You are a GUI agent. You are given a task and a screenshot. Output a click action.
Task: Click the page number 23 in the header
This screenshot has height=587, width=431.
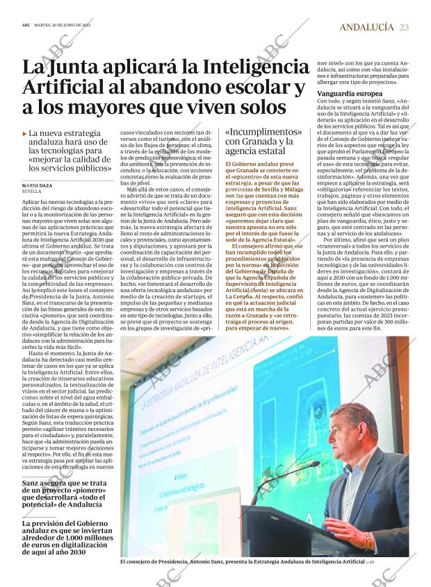405,27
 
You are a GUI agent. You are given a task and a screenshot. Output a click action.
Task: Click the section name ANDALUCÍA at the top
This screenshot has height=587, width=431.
366,27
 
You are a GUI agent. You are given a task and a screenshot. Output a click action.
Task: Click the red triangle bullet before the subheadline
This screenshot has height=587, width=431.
24,133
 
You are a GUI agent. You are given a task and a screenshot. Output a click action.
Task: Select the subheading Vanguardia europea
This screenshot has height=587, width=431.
349,93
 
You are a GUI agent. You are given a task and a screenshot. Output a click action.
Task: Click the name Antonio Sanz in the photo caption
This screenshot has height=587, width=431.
224,561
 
